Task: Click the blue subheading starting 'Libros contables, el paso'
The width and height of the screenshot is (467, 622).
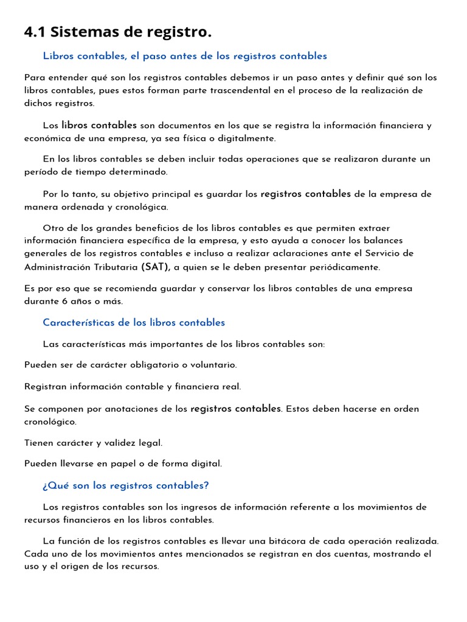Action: tap(185, 56)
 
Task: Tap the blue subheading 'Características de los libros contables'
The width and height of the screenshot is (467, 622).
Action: tap(134, 323)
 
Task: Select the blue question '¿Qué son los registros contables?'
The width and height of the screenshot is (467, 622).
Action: tap(126, 485)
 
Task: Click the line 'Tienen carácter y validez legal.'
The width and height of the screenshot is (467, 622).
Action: tap(94, 443)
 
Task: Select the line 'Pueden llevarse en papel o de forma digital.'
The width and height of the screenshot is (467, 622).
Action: tap(123, 463)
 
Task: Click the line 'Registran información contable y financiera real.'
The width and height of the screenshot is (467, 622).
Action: tap(133, 386)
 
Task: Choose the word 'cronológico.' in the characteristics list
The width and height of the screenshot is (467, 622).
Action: tap(50, 422)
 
